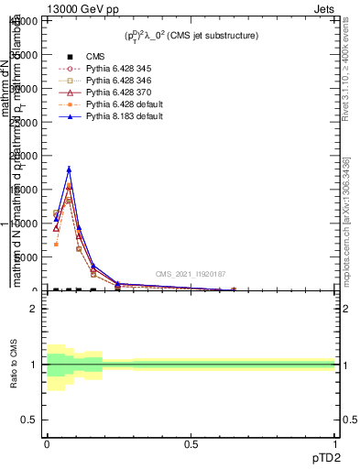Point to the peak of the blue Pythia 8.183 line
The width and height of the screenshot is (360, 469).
[69, 169]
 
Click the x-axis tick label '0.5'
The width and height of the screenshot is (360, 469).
[191, 443]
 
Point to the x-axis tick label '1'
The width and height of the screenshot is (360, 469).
[335, 443]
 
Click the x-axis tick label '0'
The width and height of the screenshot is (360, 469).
[47, 443]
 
